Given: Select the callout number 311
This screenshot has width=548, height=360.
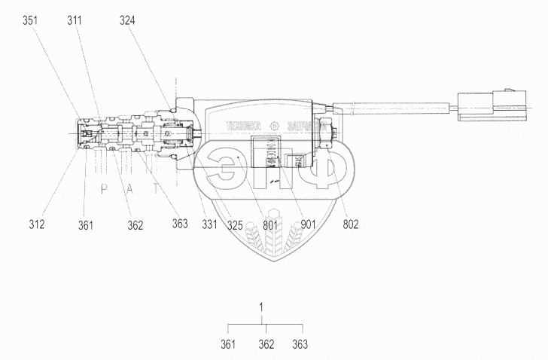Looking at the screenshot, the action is point(75,22).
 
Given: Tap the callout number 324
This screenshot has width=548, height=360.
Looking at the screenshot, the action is point(128,22).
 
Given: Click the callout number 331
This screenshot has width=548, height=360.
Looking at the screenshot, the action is point(209,224).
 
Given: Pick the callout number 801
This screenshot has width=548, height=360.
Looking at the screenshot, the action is point(270,224).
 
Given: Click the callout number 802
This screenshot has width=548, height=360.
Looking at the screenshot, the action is point(351,224).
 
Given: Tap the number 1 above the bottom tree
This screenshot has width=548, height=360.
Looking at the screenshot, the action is point(261,307).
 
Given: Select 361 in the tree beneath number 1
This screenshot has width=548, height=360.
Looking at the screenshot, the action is point(229,345).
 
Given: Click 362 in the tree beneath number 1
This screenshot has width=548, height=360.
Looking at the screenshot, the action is point(266,345).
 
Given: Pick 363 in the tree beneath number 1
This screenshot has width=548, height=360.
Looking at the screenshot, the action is point(300,345).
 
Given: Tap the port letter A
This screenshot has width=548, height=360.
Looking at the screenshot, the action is point(129,190).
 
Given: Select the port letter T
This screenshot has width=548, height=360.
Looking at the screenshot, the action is point(156,190).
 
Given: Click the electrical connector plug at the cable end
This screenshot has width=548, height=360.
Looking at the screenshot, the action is point(486,107).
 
